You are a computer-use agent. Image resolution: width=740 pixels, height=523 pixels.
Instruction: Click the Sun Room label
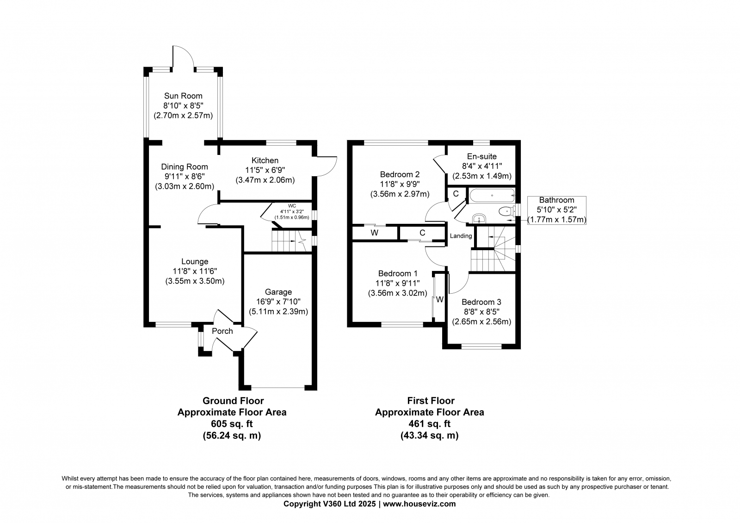pyautogui.click(x=183, y=96)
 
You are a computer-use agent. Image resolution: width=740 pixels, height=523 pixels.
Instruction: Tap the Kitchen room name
pyautogui.click(x=265, y=160)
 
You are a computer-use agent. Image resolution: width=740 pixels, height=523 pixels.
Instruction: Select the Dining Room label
pyautogui.click(x=184, y=166)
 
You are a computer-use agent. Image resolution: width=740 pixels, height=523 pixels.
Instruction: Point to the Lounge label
pyautogui.click(x=195, y=262)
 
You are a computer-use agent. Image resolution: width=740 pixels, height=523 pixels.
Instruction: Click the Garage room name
pyautogui.click(x=278, y=292)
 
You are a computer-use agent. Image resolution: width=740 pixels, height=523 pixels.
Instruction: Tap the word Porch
pyautogui.click(x=222, y=331)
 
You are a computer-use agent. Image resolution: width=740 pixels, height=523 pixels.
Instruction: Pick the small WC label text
pyautogui.click(x=292, y=206)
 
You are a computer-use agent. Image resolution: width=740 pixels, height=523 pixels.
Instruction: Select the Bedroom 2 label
pyautogui.click(x=400, y=174)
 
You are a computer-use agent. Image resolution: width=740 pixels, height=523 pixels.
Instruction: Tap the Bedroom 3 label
pyautogui.click(x=481, y=302)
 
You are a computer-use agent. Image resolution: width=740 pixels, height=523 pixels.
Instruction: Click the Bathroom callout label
pyautogui.click(x=556, y=200)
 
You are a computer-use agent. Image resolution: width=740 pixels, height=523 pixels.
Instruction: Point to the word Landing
pyautogui.click(x=461, y=236)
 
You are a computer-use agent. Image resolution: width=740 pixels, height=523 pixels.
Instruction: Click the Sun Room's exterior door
pyautogui.click(x=184, y=59)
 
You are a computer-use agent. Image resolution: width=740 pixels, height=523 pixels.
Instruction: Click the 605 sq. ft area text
pyautogui.click(x=232, y=424)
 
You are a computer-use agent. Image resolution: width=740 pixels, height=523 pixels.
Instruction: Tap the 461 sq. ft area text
pyautogui.click(x=429, y=424)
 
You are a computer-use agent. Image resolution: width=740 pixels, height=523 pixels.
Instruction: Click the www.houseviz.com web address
pyautogui.click(x=419, y=504)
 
